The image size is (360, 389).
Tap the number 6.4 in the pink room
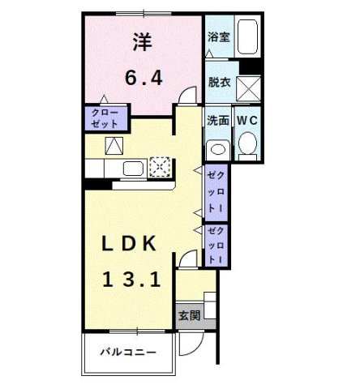click(144, 78)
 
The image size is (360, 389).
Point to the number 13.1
click(131, 280)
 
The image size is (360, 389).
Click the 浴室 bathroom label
click(217, 36)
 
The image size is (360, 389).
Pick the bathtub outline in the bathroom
click(246, 36)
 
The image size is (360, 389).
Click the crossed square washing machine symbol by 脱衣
click(247, 87)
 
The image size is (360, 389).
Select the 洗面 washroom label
click(217, 121)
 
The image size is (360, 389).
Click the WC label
click(246, 121)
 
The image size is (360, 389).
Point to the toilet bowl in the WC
click(247, 146)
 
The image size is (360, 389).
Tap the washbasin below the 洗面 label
click(216, 149)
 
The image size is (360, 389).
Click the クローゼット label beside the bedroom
click(104, 118)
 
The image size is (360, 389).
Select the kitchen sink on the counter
click(132, 168)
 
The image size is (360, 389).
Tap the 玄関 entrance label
click(188, 314)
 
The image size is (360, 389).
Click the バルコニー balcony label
click(128, 352)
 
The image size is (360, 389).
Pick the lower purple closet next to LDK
click(216, 244)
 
